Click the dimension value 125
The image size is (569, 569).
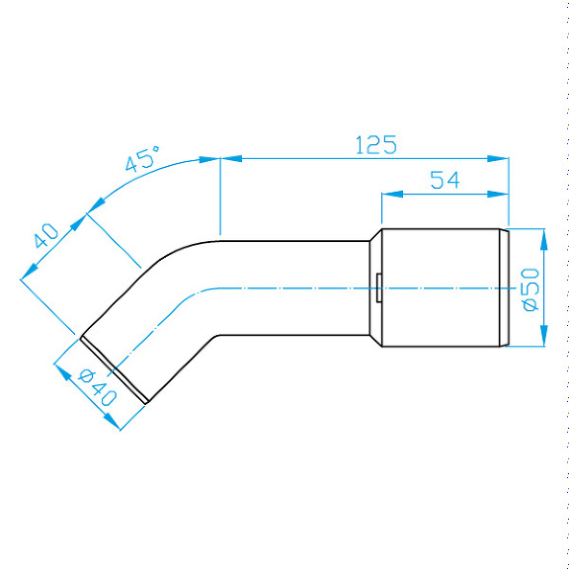click(x=375, y=145)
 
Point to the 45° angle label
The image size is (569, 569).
click(x=144, y=160)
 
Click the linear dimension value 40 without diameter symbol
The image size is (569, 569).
click(x=45, y=236)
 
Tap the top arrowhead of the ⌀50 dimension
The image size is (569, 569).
click(x=542, y=234)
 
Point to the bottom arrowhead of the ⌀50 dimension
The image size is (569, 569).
click(x=542, y=341)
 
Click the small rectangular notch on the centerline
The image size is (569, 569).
click(x=379, y=288)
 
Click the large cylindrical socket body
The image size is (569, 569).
click(x=440, y=288)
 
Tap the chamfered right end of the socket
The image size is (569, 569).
click(x=504, y=288)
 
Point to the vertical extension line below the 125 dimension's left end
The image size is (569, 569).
click(x=219, y=198)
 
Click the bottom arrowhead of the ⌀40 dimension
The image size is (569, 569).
click(x=114, y=425)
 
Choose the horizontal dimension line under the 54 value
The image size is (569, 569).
click(x=445, y=194)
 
